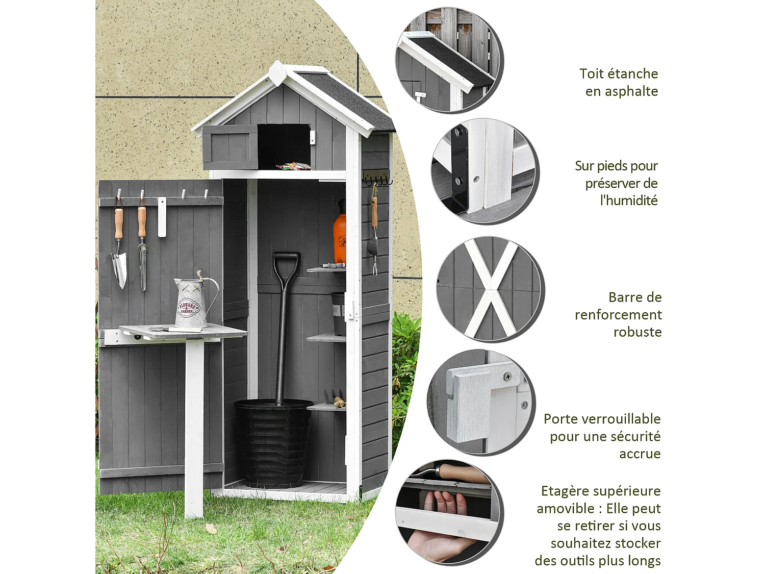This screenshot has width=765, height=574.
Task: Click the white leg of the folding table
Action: point(194,429)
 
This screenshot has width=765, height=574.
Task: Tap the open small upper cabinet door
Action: point(229,147)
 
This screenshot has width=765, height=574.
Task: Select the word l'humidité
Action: point(629,201)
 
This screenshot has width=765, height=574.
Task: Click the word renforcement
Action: point(618,315)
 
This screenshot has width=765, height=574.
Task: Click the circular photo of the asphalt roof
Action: point(449,60)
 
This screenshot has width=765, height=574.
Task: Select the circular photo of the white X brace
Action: point(490,289)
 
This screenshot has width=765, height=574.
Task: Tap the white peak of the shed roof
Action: point(277,70)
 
